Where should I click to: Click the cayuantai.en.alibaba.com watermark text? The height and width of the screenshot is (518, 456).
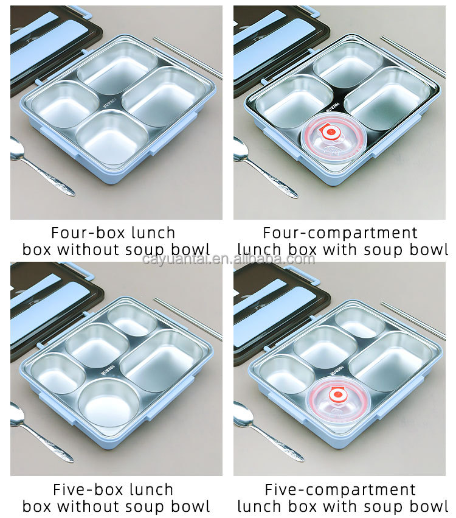tap(229, 259)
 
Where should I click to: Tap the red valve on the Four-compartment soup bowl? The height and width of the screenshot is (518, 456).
tap(331, 131)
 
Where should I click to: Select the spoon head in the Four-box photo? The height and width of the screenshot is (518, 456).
tap(19, 149)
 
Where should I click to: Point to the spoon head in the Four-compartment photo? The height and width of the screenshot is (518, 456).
tap(242, 149)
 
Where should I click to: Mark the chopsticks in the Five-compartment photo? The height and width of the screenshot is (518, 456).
tap(413, 320)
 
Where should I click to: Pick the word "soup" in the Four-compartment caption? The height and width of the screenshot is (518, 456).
tap(376, 250)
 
